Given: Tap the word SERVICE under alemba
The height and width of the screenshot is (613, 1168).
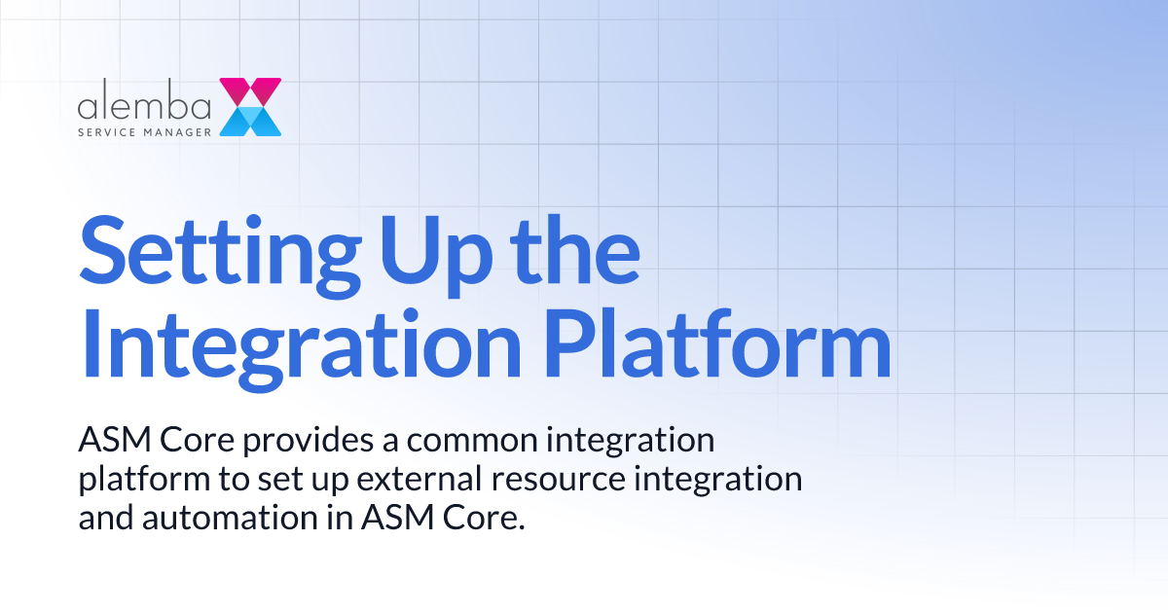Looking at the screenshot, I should (x=105, y=130).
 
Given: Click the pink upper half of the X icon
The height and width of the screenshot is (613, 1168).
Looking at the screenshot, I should (x=250, y=91).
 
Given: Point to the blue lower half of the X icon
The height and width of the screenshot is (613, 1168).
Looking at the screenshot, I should (x=250, y=121).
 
